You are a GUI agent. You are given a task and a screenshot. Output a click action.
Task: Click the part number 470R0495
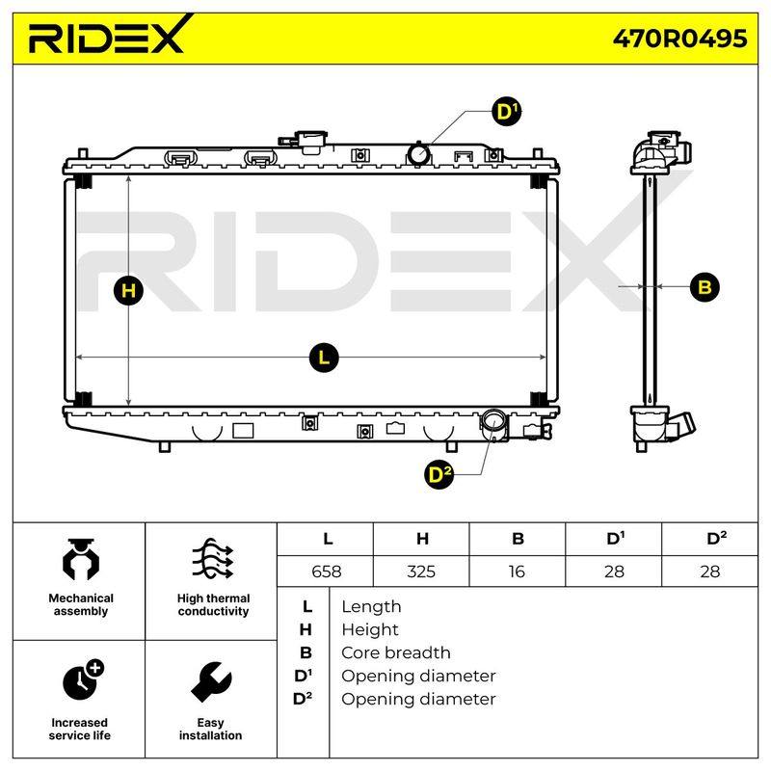(x=679, y=39)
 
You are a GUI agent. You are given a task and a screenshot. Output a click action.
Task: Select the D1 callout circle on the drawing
(x=507, y=111)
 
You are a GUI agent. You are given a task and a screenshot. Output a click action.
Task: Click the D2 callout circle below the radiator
(x=439, y=474)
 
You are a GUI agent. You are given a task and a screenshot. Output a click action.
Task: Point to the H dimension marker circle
(x=128, y=290)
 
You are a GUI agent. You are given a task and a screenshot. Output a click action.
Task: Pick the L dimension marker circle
(x=324, y=358)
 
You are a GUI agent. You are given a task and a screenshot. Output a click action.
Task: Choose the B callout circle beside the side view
(x=705, y=286)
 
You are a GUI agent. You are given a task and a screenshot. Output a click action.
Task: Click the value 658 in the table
(x=326, y=572)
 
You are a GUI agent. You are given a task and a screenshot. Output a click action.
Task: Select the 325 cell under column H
(x=421, y=572)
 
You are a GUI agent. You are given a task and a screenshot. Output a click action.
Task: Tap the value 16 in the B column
(x=517, y=572)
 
